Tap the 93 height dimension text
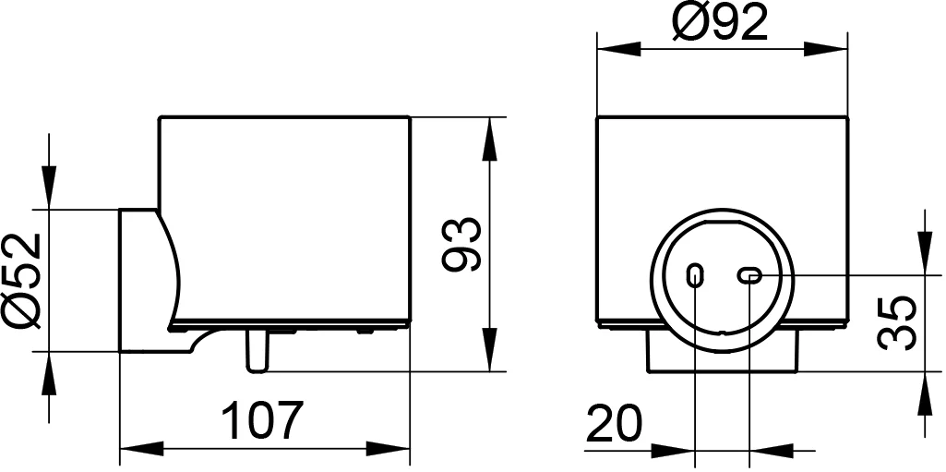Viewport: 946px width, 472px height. click(x=461, y=245)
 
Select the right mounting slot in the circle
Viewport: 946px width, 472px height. click(x=750, y=275)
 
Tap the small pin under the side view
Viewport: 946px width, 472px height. click(x=257, y=352)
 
